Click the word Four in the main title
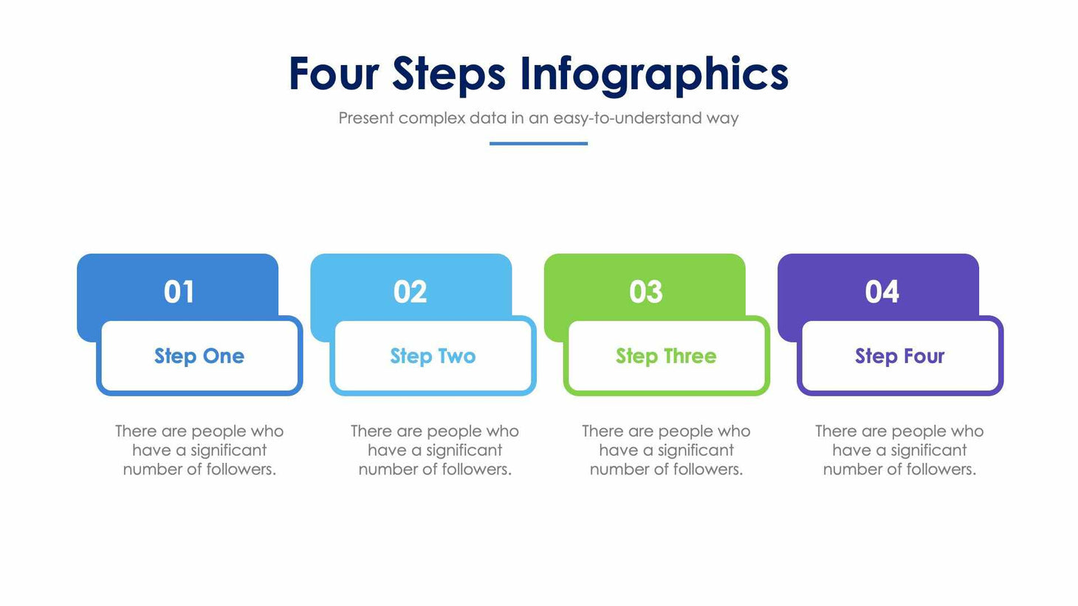334,74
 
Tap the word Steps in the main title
449,74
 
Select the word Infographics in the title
654,75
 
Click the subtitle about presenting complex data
538,118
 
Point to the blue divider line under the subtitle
538,143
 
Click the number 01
179,292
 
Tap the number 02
411,292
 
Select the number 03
646,292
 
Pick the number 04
882,292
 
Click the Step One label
199,356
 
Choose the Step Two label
433,356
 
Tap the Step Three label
666,356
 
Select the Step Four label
899,356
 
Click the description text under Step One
199,450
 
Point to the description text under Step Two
435,450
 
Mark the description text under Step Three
666,450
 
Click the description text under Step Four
899,450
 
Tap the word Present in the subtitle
365,118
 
